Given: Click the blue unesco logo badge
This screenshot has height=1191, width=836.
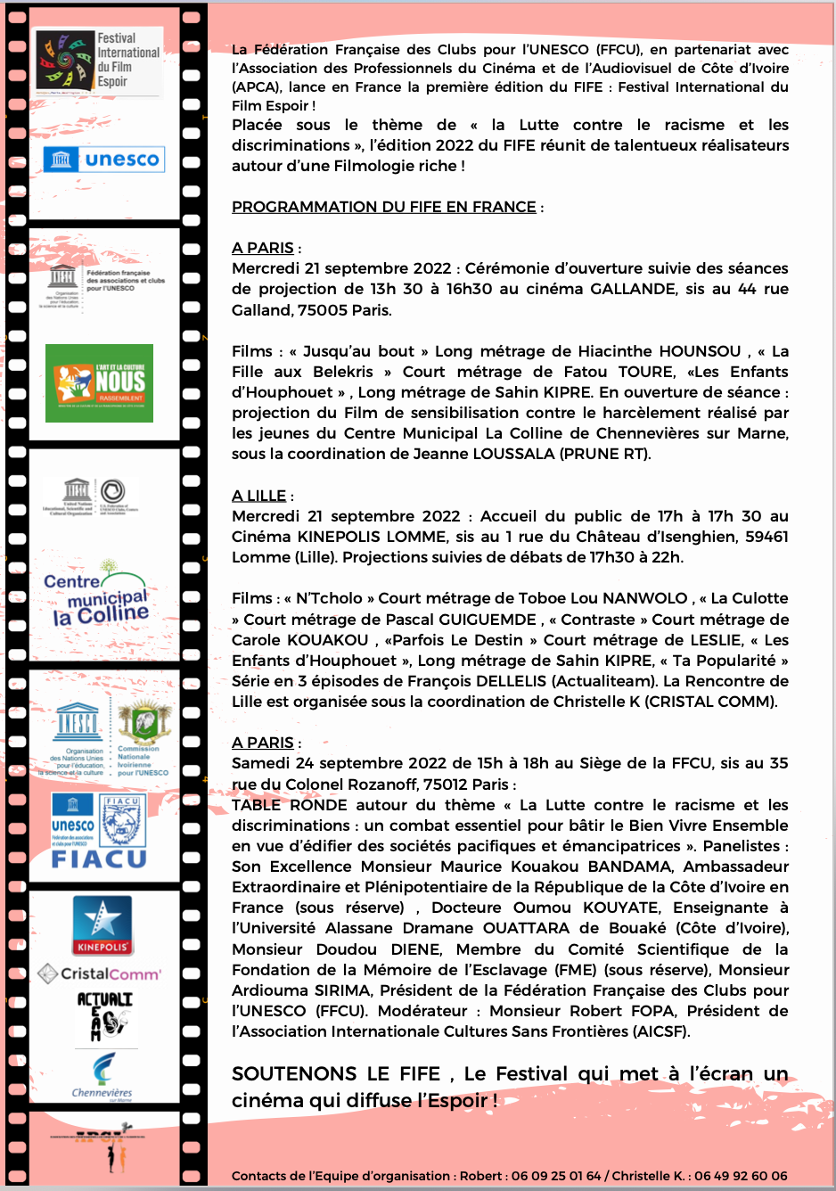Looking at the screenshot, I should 103,160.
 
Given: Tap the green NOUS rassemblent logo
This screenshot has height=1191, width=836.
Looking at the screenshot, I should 99,383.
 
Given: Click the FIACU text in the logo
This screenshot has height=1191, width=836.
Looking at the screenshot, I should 99,859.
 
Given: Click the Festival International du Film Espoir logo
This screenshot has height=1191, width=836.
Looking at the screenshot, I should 99,61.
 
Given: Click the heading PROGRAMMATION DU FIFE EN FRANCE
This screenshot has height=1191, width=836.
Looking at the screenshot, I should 383,207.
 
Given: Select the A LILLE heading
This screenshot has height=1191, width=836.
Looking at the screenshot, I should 258,496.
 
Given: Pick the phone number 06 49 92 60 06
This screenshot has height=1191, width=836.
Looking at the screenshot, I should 741,1176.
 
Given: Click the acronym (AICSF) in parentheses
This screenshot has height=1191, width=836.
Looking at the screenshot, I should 661,1031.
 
